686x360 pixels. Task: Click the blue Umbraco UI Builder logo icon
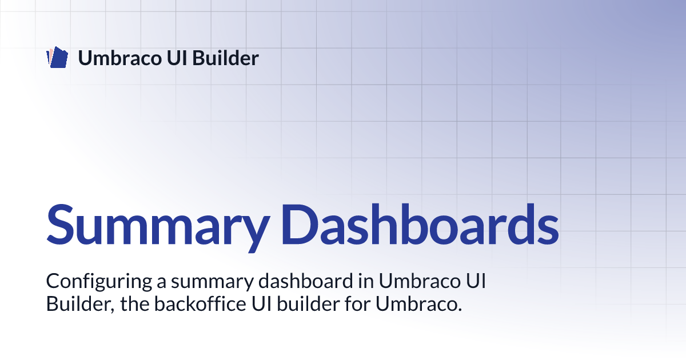click(57, 57)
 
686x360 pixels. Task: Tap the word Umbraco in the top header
click(120, 58)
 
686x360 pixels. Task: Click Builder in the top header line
click(225, 58)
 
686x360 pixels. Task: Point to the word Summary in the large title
click(158, 226)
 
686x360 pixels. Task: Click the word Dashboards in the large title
click(420, 225)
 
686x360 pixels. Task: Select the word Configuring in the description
click(99, 282)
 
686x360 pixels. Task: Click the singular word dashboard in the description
click(305, 281)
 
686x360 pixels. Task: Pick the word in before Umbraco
click(366, 281)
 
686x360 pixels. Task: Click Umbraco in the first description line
click(419, 281)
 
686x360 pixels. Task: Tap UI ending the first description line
click(476, 281)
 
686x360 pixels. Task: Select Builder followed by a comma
click(80, 304)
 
